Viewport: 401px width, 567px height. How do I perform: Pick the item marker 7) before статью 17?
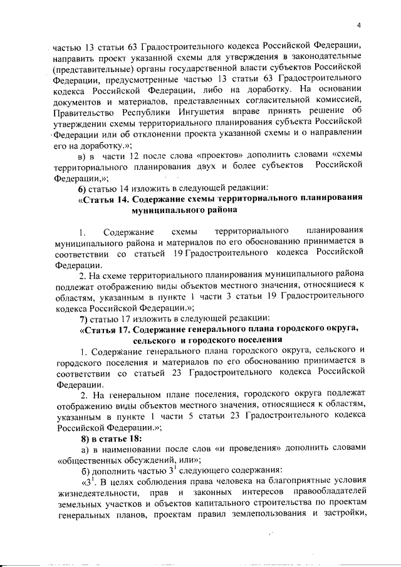(x=83, y=317)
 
